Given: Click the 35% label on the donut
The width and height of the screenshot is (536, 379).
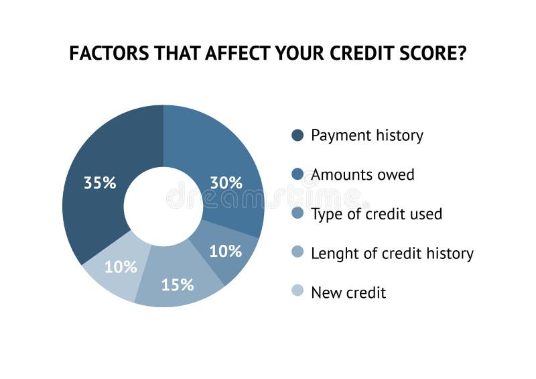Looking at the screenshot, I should click(x=100, y=182).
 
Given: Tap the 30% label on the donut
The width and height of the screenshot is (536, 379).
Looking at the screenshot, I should click(x=226, y=182).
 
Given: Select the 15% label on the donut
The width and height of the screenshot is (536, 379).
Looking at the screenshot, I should click(x=178, y=284).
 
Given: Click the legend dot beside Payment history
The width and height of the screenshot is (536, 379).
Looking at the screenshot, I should click(x=298, y=136).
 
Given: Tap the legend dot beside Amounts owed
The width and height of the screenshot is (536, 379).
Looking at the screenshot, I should click(x=298, y=174).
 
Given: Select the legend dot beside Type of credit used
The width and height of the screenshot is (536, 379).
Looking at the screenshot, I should click(x=298, y=213).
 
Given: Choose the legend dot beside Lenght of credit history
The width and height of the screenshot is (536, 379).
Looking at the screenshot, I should click(x=298, y=253).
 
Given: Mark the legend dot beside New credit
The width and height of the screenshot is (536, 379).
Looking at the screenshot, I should click(x=298, y=292).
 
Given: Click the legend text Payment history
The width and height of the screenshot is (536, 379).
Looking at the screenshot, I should click(x=367, y=136).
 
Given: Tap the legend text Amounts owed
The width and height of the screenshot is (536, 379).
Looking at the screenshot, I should click(x=362, y=175).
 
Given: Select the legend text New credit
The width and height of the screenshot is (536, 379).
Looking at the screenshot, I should click(x=348, y=292).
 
